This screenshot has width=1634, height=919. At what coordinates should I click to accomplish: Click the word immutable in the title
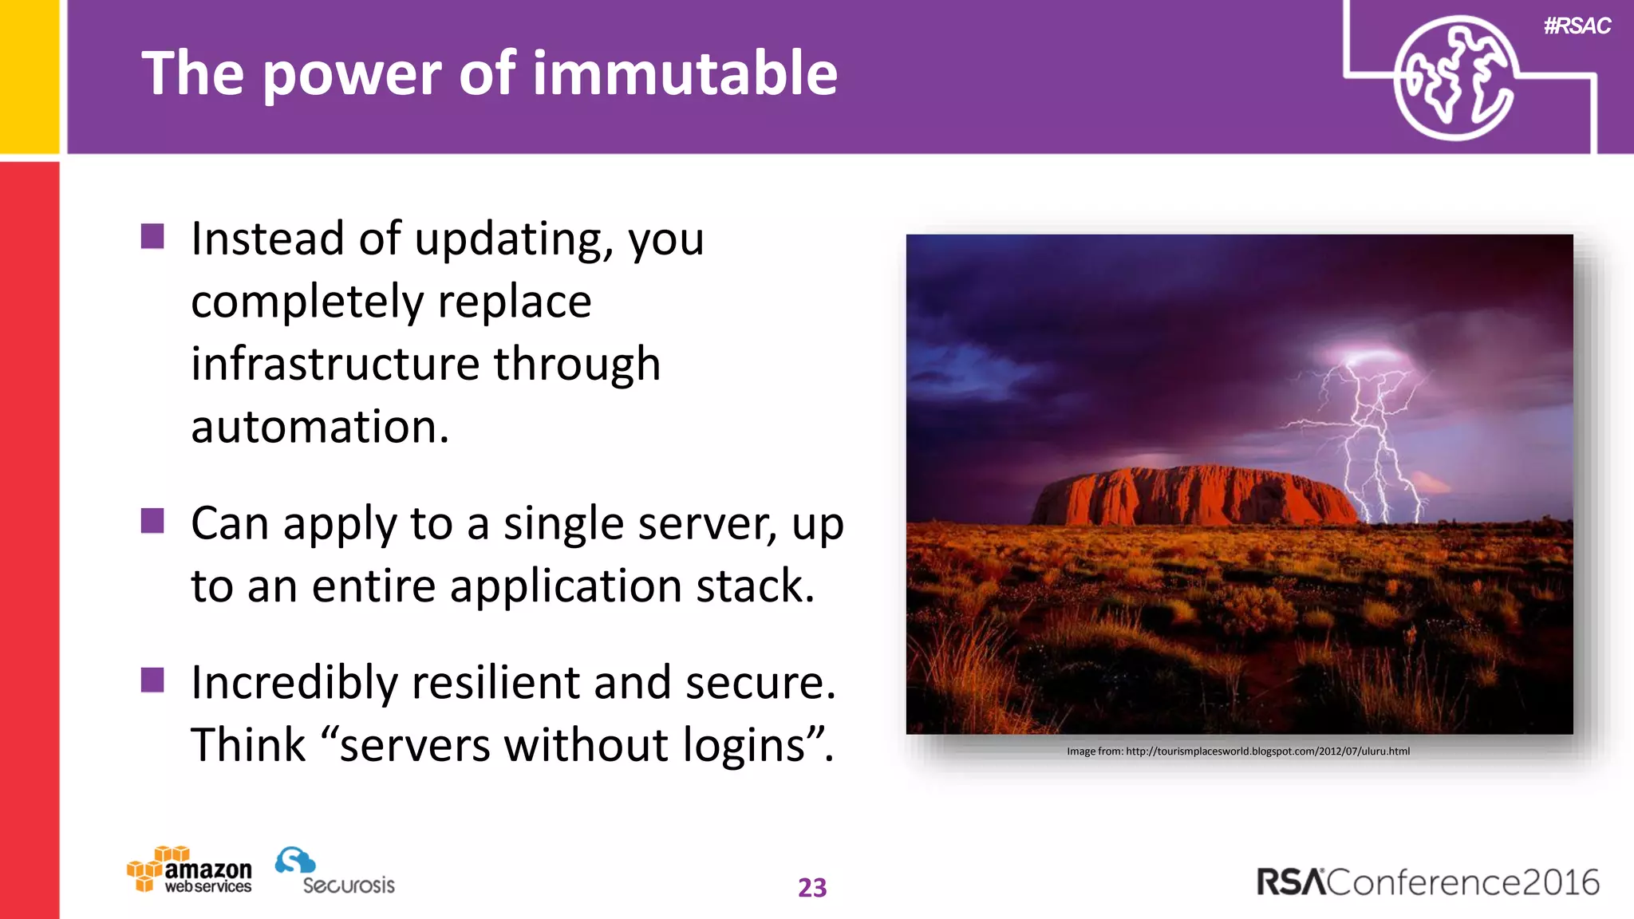[x=685, y=73]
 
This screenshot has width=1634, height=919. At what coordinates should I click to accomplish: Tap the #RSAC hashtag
[x=1577, y=26]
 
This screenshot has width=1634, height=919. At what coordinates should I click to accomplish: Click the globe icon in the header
[x=1454, y=78]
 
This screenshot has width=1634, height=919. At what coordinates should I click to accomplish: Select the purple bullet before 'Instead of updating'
[x=152, y=236]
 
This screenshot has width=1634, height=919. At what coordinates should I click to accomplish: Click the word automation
[x=319, y=427]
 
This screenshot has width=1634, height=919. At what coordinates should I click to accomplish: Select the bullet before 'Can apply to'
[x=152, y=521]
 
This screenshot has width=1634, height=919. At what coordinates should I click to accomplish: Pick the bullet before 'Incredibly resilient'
[x=152, y=680]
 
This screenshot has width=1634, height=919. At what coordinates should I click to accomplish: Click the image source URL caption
[x=1238, y=751]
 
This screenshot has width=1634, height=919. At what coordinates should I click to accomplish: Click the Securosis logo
[x=335, y=872]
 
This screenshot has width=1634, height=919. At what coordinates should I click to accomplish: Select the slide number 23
[x=812, y=888]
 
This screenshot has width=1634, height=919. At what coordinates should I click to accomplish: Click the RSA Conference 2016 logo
[x=1428, y=882]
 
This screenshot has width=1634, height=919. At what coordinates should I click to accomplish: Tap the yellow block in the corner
[x=29, y=76]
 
